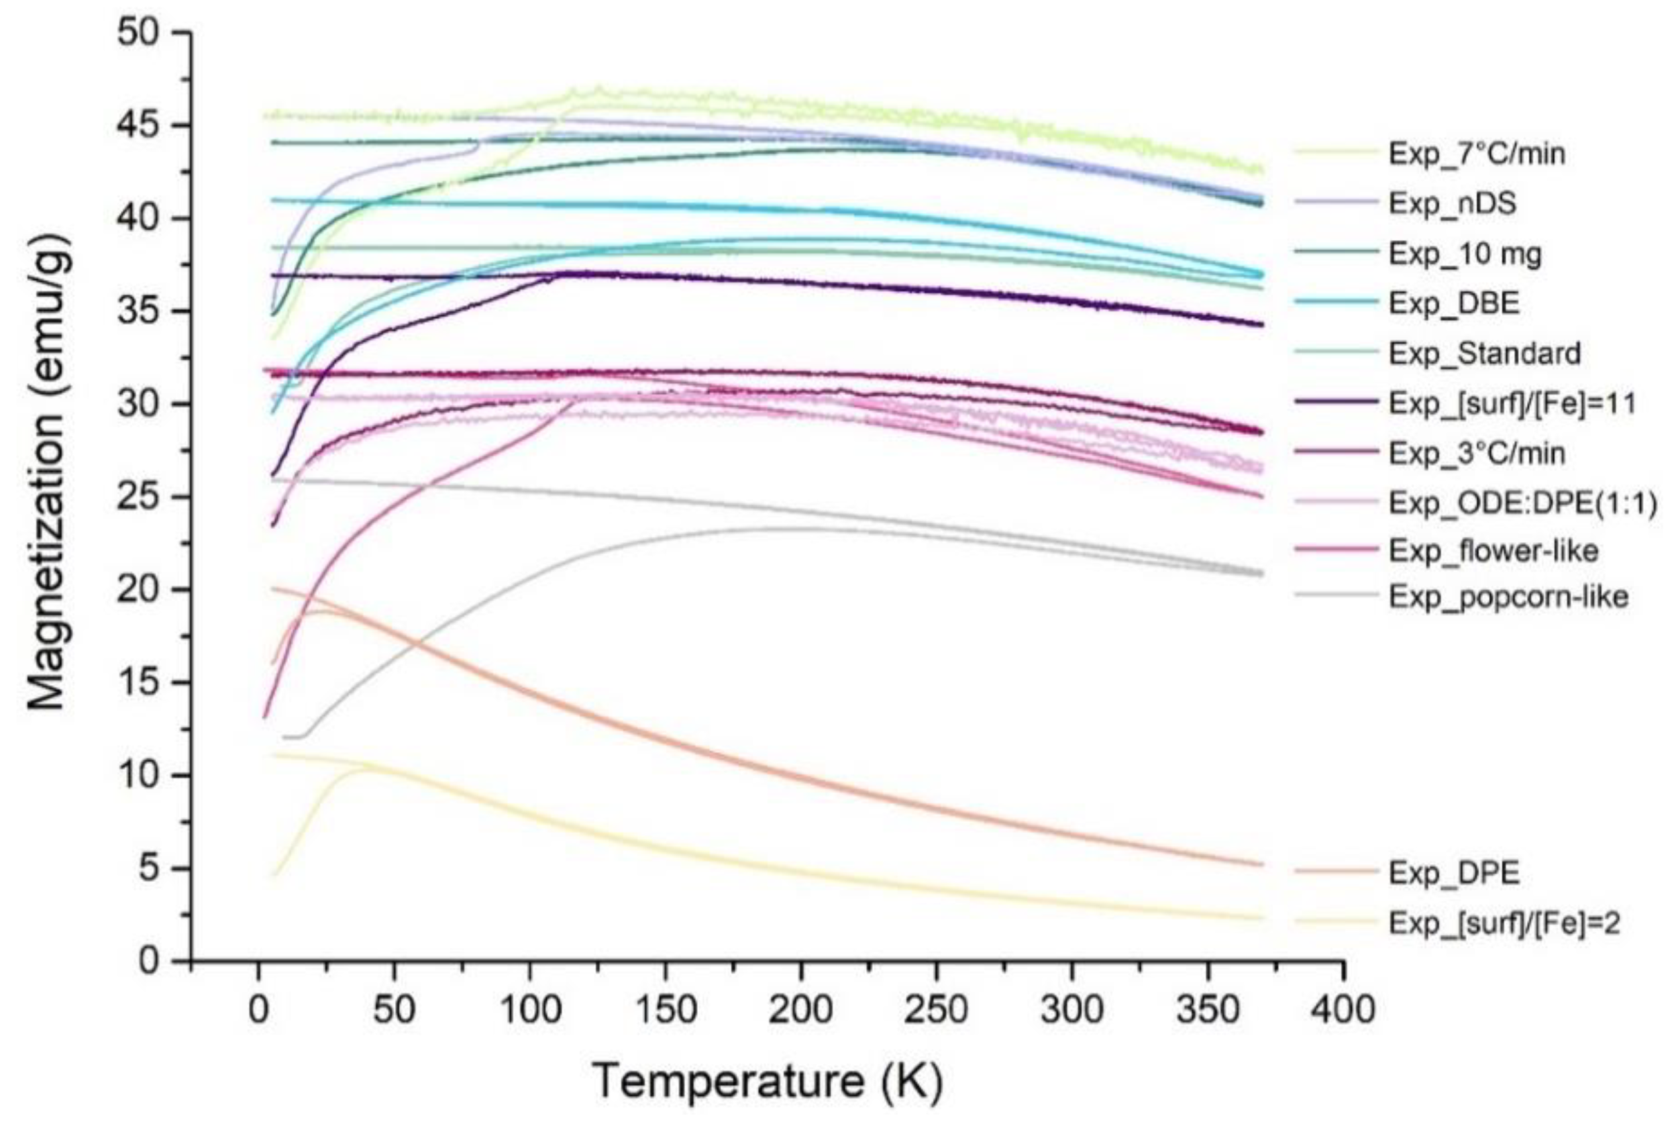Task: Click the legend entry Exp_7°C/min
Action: [1476, 154]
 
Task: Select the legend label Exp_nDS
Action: [1452, 203]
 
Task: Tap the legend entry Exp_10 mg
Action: [1465, 254]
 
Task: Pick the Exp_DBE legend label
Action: [1454, 303]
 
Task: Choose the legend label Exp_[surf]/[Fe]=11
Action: [1512, 403]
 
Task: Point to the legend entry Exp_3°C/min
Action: [1476, 453]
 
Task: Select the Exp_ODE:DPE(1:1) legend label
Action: [1522, 503]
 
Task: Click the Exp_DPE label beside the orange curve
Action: [1454, 873]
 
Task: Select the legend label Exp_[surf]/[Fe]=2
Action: [1504, 923]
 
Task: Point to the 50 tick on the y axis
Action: [144, 33]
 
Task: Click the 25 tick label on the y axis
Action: [144, 497]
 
